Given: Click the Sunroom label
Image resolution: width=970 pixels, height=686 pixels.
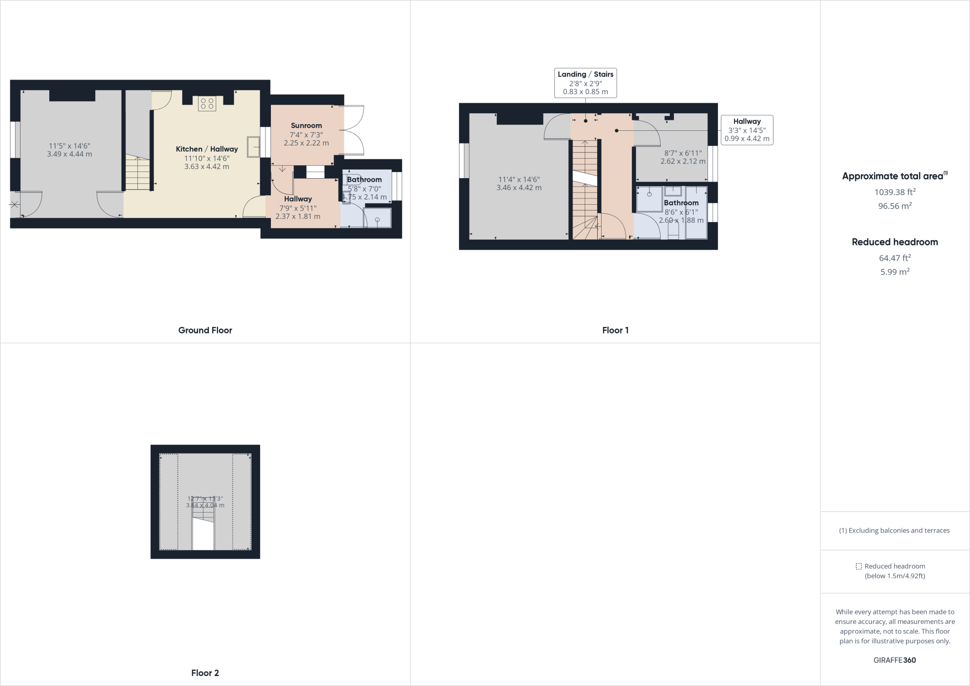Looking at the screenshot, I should coord(306,126).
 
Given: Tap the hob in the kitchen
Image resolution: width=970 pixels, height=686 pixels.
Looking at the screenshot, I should coord(207,103).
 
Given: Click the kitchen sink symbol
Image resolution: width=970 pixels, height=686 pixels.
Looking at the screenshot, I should coord(253,146).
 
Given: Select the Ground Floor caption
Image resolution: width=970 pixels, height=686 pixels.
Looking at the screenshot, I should coord(205,330).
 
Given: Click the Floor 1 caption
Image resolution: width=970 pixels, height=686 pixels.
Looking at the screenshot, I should coord(615,330).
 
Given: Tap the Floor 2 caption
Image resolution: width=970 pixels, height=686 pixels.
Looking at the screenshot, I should coord(205,673).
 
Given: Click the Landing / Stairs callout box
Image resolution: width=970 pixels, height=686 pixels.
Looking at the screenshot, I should coord(585,83).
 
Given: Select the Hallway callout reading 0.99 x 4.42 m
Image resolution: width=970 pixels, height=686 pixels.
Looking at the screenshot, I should coord(746,130).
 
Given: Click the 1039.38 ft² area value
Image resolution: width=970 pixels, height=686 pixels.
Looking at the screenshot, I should coord(895,192).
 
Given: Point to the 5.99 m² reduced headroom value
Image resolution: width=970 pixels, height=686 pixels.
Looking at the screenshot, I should coord(895,272).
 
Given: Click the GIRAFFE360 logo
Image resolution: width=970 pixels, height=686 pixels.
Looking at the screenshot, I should coord(895,660).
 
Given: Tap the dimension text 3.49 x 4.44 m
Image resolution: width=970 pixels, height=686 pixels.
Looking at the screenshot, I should coord(70,154).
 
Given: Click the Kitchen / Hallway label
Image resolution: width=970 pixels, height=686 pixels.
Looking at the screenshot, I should coord(207,149).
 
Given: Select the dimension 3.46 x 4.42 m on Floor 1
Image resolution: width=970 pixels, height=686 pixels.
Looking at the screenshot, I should coord(519,188).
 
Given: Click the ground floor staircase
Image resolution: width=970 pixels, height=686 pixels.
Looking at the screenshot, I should coord(137,173).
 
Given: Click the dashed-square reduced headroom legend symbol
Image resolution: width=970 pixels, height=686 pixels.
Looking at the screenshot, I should coord(859,566).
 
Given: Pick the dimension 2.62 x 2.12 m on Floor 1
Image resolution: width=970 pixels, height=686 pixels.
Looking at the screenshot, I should coord(683,161).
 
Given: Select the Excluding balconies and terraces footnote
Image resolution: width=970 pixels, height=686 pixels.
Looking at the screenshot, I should coord(894,531).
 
